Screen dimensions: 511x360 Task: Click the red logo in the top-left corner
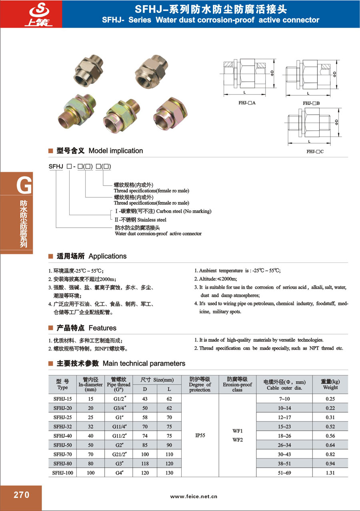31,14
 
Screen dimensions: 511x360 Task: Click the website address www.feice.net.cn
194,496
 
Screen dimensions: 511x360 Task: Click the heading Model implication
116,151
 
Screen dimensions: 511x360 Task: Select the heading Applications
107,256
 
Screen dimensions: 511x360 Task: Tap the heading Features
102,328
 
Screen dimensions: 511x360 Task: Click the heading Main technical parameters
144,363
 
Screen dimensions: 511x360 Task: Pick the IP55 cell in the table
200,435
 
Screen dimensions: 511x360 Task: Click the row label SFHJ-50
62,445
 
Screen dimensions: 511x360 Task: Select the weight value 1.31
330,473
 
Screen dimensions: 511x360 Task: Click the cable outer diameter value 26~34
284,445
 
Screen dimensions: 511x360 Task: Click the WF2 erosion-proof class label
237,440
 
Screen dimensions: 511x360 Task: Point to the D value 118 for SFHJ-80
145,464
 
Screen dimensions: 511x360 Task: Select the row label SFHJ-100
62,473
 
